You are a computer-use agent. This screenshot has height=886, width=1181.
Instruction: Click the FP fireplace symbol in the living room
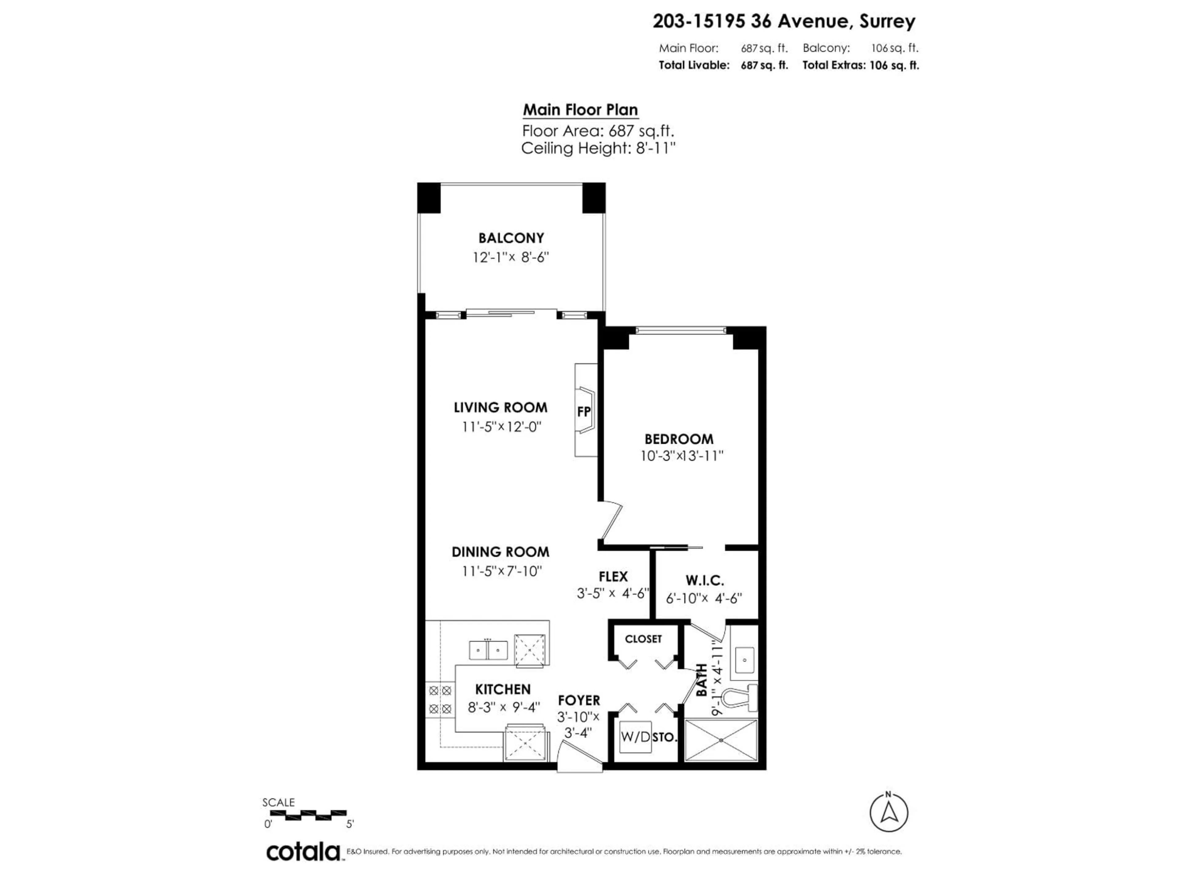(584, 411)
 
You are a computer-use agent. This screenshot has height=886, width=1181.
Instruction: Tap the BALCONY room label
(511, 238)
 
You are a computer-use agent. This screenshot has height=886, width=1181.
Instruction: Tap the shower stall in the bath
(721, 740)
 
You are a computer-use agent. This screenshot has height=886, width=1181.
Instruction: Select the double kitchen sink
(488, 650)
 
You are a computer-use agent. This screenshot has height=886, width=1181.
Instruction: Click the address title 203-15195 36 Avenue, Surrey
(784, 21)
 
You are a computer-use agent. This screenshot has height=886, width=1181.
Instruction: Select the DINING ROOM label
(500, 552)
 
